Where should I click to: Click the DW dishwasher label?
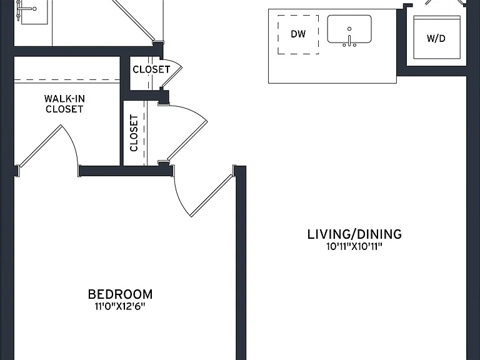pyautogui.click(x=298, y=34)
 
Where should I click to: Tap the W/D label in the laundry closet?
pyautogui.click(x=436, y=39)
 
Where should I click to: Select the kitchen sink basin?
pyautogui.click(x=349, y=29)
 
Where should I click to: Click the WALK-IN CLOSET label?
pyautogui.click(x=64, y=104)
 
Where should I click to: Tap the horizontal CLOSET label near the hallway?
pyautogui.click(x=151, y=69)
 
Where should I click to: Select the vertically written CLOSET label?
pyautogui.click(x=134, y=133)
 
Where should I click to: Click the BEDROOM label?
pyautogui.click(x=120, y=294)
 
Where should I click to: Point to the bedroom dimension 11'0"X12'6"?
pyautogui.click(x=120, y=306)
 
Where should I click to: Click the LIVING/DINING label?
pyautogui.click(x=354, y=234)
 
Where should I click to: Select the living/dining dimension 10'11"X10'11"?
pyautogui.click(x=354, y=246)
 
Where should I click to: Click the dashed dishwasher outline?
pyautogui.click(x=298, y=34)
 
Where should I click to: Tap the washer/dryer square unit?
pyautogui.click(x=437, y=37)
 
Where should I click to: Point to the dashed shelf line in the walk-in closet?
pyautogui.click(x=67, y=80)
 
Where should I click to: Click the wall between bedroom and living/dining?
pyautogui.click(x=241, y=263)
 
